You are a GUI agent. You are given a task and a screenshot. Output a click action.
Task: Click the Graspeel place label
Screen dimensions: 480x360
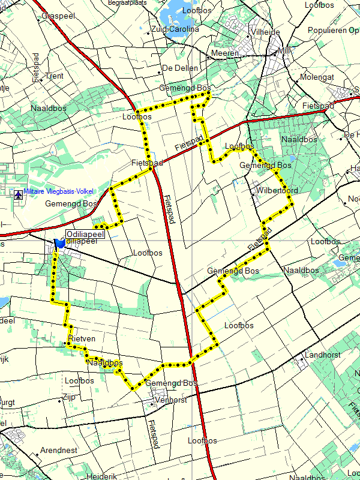59,16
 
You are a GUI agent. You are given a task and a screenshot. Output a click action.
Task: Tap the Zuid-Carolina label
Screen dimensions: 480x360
175,29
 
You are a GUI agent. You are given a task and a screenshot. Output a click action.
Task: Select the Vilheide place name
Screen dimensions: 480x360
266,32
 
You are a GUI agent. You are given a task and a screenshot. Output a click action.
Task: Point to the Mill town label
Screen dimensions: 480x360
284,51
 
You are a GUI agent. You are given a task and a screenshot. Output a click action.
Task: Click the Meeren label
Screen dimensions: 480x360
226,53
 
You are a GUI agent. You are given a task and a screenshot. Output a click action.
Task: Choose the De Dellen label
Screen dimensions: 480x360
180,68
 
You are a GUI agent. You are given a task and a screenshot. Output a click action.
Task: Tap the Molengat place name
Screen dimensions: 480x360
317,77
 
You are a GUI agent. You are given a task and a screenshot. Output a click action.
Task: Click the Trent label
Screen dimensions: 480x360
54,76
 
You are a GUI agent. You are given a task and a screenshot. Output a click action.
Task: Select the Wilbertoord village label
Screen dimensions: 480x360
277,191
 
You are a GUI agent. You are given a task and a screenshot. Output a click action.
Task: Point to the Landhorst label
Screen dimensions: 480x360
323,355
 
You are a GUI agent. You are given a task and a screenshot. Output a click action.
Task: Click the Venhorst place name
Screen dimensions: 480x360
170,400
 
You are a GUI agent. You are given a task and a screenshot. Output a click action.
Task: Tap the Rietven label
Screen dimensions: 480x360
82,339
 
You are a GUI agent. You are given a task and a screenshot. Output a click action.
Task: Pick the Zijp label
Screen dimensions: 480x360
68,397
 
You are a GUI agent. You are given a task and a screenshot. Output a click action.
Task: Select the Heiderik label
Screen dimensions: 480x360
101,476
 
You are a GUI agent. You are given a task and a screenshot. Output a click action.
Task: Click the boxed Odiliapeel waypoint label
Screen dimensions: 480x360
85,234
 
